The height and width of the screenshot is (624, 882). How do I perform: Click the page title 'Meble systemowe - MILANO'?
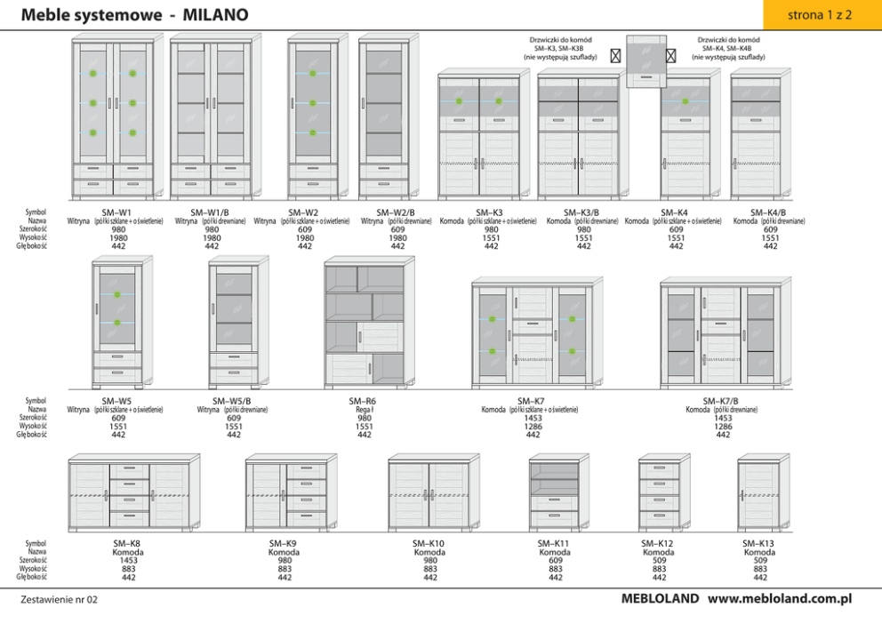coord(134,15)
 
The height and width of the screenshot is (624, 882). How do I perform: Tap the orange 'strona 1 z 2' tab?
coord(820,15)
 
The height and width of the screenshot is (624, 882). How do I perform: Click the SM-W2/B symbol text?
coord(397,212)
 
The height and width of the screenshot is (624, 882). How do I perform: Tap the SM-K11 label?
coord(555,543)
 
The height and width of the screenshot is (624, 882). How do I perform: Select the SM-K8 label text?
coord(128,543)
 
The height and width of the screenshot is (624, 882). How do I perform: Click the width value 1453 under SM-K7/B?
coord(723,418)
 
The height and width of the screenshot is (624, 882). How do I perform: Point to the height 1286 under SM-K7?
coord(533,427)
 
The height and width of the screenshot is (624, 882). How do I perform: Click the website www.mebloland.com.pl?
coord(780,598)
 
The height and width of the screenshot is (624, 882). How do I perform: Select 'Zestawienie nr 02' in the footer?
coord(59,600)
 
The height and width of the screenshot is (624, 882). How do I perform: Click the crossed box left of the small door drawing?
coord(615,55)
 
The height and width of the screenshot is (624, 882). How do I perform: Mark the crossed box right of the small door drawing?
coord(671,55)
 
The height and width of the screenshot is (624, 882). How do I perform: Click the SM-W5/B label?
coord(233,401)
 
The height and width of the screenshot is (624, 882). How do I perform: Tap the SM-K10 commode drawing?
coord(430,493)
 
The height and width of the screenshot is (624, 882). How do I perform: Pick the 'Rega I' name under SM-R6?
coord(364,410)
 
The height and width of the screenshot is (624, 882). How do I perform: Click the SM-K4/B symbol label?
coord(769,212)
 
